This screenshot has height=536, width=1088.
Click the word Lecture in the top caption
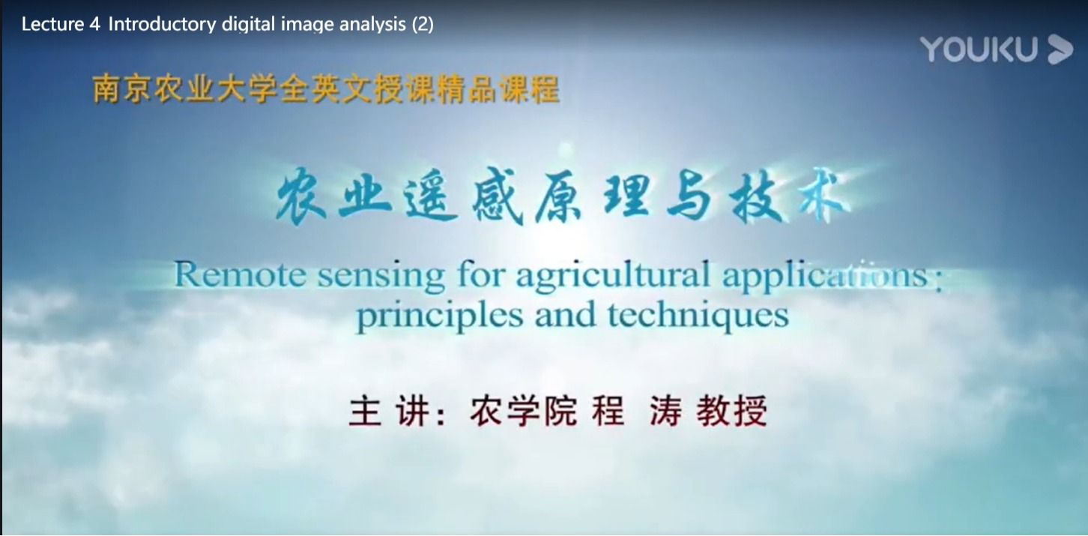click(x=53, y=24)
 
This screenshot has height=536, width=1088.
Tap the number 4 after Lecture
click(x=95, y=24)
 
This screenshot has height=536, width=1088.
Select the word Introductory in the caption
click(x=163, y=24)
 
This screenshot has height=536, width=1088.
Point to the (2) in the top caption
click(x=423, y=24)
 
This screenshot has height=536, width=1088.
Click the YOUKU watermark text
click(x=979, y=49)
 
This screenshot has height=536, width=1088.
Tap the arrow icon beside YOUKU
click(x=1060, y=49)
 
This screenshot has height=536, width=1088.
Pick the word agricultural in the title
click(x=614, y=277)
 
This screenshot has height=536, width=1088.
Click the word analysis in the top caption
click(x=372, y=24)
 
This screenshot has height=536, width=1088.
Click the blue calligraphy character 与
click(x=690, y=198)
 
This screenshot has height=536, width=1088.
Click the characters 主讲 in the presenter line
click(x=390, y=411)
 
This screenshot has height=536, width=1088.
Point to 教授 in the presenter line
click(x=732, y=411)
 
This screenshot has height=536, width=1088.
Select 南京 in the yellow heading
click(x=121, y=89)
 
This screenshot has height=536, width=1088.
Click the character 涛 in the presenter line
click(x=666, y=411)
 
